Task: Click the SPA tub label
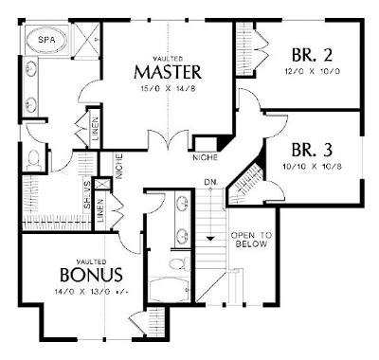[46, 40]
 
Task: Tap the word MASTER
[168, 72]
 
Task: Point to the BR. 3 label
[312, 150]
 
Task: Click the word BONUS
[91, 274]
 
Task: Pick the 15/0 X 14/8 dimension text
[168, 89]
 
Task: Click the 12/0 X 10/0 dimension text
[312, 71]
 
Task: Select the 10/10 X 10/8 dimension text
[313, 167]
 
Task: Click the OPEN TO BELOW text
[251, 240]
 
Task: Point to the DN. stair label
[211, 182]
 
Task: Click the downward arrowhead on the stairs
[210, 239]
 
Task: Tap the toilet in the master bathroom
[34, 159]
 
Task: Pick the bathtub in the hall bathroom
[170, 289]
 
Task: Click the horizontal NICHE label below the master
[206, 157]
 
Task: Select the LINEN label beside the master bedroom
[95, 129]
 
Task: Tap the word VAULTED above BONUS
[91, 261]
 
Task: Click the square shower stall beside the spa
[87, 40]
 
